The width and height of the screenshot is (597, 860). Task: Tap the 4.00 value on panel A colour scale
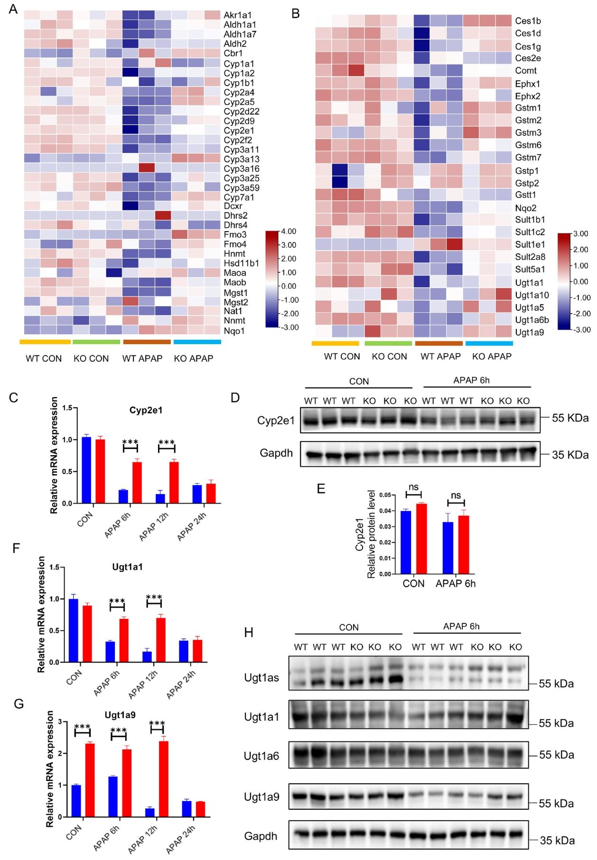point(289,231)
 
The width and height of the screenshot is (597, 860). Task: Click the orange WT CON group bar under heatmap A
point(45,342)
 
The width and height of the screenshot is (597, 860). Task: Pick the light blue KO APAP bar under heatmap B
point(489,343)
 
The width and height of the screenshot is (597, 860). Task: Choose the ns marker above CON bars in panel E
point(414,486)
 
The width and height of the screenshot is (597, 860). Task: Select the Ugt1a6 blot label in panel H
point(261,755)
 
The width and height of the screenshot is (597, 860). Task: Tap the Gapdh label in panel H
point(261,836)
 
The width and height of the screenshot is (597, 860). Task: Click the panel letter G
point(19,704)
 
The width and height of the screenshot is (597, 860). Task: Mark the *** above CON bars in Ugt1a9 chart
point(83,727)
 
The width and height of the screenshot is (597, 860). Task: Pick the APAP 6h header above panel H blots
point(461,626)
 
